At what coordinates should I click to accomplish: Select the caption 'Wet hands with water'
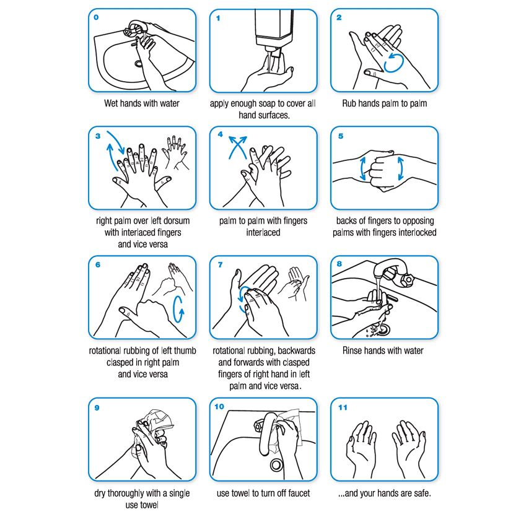(142, 103)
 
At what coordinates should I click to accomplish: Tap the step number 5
(340, 136)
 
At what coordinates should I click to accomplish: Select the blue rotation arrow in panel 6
(179, 309)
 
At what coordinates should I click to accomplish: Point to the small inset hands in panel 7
(297, 287)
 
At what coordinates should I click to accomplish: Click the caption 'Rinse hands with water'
(383, 350)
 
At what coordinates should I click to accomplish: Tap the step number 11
(342, 407)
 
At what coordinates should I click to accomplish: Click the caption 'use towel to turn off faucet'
(263, 493)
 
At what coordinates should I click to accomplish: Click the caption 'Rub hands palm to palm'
(384, 103)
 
